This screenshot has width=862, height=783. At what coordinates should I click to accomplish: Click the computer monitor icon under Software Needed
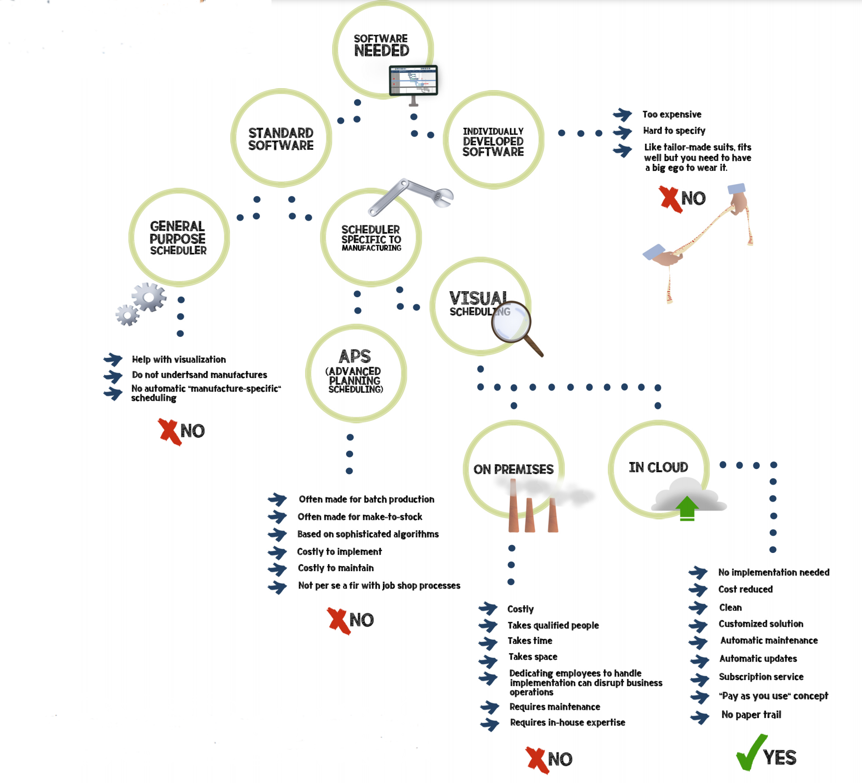(x=413, y=81)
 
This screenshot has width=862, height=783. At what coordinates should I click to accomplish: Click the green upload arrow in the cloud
(x=687, y=508)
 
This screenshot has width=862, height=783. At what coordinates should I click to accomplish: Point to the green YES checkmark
(x=751, y=752)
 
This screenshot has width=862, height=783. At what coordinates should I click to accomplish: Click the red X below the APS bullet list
(x=339, y=621)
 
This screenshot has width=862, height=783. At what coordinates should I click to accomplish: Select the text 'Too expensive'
(x=672, y=114)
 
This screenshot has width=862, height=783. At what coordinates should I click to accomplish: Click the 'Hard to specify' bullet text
(x=674, y=131)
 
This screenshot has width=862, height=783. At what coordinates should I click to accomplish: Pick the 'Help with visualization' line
(x=179, y=359)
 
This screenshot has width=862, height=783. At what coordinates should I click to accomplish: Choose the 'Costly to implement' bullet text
(x=339, y=552)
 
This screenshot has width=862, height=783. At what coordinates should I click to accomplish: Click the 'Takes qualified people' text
(x=553, y=625)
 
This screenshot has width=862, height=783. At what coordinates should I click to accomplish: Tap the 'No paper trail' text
(x=751, y=714)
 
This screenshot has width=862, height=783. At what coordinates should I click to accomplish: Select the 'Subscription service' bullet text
(x=761, y=677)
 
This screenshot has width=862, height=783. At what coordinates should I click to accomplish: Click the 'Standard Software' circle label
(x=281, y=139)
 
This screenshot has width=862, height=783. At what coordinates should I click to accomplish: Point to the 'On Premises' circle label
(x=513, y=469)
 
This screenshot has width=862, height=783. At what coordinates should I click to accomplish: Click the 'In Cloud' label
(x=658, y=467)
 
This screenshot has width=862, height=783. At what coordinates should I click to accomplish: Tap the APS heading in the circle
(x=355, y=357)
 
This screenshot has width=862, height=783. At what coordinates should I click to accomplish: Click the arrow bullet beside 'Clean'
(x=698, y=608)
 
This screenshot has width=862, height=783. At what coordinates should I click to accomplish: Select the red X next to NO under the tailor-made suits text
(x=670, y=199)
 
